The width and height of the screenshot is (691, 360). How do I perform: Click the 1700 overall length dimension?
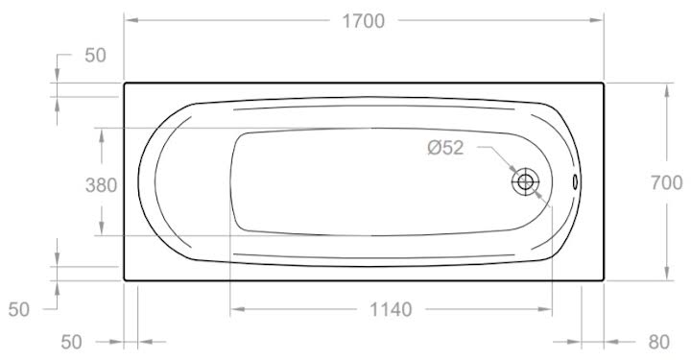[x=364, y=21]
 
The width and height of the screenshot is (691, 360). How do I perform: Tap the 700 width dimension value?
[x=667, y=182]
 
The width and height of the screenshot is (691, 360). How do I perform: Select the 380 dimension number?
[x=102, y=185]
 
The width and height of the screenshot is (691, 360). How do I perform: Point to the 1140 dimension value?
[x=391, y=310]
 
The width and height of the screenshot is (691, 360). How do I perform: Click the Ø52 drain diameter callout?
[x=445, y=148]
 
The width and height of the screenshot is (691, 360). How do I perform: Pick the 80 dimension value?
[x=658, y=342]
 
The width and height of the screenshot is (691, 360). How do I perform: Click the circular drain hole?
[x=525, y=181]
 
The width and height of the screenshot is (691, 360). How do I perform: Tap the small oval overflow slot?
[x=575, y=181]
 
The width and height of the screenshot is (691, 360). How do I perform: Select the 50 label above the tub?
[x=96, y=56]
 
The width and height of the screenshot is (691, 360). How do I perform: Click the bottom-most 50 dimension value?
[x=71, y=342]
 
